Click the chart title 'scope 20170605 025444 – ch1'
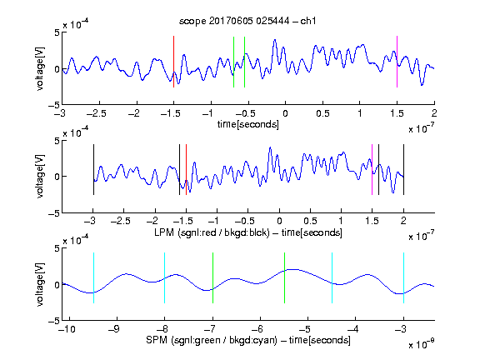[x=247, y=21]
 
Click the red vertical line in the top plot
[x=173, y=62]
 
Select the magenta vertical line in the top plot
[x=397, y=62]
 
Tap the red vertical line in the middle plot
[x=186, y=169]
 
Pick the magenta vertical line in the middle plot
[x=372, y=169]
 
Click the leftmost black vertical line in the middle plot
[x=93, y=169]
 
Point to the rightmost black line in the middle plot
[x=403, y=169]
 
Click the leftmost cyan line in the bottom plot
[x=93, y=277]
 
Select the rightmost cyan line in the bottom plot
[x=403, y=277]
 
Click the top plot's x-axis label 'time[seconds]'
[x=248, y=124]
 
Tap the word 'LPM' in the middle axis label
[x=164, y=232]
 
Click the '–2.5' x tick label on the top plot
[x=97, y=113]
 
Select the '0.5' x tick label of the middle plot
[x=310, y=221]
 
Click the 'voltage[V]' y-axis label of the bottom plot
[x=40, y=284]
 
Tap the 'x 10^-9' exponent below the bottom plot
[x=421, y=344]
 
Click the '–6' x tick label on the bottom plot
[x=258, y=329]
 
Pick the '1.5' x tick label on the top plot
[x=397, y=113]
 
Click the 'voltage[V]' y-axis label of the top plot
[x=40, y=68]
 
